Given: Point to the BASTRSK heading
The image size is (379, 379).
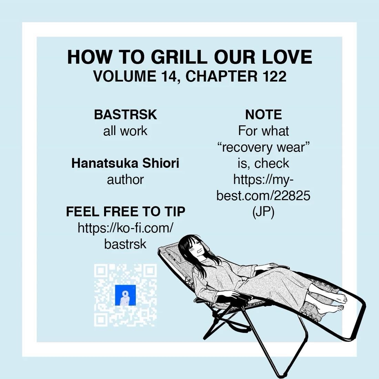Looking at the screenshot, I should coord(125,115).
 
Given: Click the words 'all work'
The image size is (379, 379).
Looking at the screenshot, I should coord(125,131).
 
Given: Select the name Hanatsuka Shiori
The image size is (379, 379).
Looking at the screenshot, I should coord(125,163).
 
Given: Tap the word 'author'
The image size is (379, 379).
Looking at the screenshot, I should coord(125,180).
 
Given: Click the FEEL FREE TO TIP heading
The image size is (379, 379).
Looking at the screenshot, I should coord(125,212).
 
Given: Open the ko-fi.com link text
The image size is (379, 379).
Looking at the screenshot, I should coord(125,228).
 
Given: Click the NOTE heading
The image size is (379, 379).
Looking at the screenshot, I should coord(264,115).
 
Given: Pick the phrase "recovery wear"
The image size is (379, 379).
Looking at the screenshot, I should coord(264,147).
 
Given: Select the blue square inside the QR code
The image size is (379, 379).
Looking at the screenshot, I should coord(125,295).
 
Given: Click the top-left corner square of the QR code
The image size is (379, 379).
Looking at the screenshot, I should coord(101,271).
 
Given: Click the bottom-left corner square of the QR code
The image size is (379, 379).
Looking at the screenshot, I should coord(101,319).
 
